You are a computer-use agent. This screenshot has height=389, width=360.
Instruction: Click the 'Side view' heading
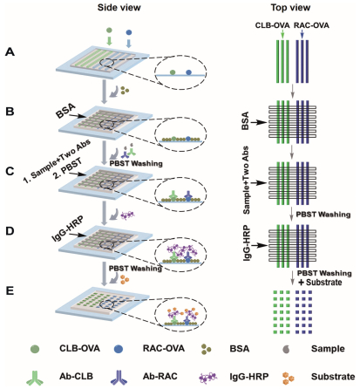[119, 7]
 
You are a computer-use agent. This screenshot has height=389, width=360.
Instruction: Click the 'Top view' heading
[290, 7]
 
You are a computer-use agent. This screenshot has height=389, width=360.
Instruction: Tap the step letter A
[10, 52]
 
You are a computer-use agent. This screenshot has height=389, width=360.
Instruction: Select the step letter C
[10, 171]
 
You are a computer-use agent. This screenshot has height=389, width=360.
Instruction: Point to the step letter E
[10, 290]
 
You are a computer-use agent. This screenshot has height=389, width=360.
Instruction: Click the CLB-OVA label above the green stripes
[272, 25]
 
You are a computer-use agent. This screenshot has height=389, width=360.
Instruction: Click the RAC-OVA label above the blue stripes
[311, 25]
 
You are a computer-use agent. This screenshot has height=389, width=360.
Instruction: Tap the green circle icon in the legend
[35, 349]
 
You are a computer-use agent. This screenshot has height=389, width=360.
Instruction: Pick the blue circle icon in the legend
[119, 349]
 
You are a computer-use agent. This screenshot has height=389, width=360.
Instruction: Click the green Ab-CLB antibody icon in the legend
[35, 378]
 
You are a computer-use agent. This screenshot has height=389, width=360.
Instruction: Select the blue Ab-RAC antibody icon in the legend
[119, 378]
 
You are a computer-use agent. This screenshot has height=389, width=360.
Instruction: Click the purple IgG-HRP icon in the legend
[207, 378]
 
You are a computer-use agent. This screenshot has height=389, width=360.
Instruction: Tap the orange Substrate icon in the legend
[288, 378]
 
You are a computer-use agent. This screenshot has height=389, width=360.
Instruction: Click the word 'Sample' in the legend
[328, 349]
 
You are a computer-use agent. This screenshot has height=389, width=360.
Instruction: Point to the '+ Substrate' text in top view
[320, 283]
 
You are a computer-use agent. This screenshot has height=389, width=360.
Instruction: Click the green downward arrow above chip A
[109, 40]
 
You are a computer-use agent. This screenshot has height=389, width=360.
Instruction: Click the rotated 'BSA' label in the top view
[246, 120]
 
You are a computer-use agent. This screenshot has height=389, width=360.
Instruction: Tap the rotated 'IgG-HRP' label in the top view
[247, 242]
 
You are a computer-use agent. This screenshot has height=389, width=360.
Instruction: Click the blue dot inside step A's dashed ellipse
[189, 72]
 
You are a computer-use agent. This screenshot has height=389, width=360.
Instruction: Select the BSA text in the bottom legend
[240, 349]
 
